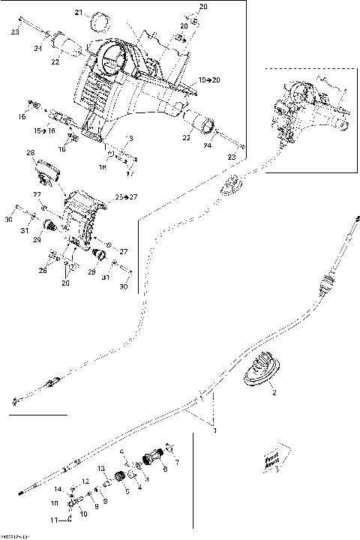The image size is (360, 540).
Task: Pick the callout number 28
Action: pos(31,153)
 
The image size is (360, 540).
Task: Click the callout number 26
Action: pos(43,271)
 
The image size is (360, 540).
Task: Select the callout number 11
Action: pos(53,520)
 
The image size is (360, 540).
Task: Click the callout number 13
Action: pos(100,468)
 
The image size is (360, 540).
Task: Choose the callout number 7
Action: pos(178,463)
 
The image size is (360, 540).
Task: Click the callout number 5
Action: pos(127,491)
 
